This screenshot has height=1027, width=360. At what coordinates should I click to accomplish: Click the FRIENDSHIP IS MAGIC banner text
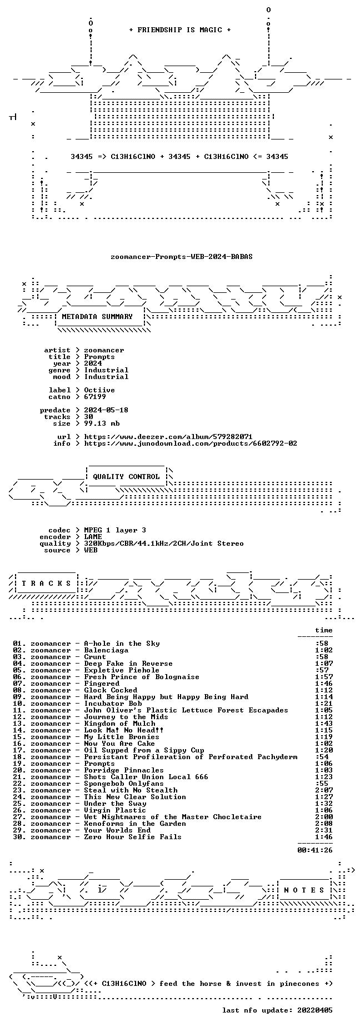[179, 30]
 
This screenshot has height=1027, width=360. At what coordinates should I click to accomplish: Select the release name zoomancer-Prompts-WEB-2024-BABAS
[182, 257]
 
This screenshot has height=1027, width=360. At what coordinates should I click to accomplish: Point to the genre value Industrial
[106, 370]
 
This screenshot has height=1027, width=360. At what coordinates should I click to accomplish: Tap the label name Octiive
[99, 390]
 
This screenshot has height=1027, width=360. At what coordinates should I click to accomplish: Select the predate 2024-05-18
[106, 410]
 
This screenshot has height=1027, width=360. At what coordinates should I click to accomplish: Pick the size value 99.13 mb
[102, 423]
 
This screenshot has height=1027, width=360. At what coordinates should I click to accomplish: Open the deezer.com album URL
[168, 437]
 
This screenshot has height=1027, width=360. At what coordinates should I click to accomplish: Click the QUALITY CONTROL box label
[126, 477]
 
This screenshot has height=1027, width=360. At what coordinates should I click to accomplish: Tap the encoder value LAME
[93, 537]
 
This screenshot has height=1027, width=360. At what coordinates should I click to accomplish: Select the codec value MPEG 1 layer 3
[115, 530]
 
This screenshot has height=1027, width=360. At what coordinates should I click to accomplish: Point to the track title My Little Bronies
[122, 737]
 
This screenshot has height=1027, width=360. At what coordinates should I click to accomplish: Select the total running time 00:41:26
[315, 850]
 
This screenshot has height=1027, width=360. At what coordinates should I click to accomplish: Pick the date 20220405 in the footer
[315, 1010]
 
